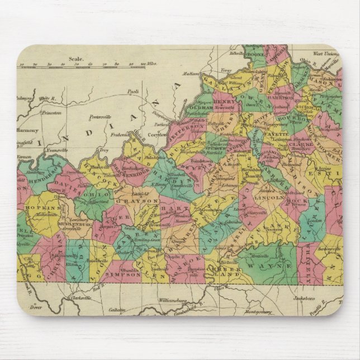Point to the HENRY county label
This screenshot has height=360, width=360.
tap(224, 102)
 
